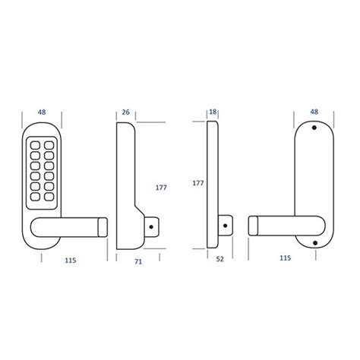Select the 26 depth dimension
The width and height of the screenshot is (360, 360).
coord(126,112)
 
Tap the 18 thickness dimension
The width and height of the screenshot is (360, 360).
coord(213,112)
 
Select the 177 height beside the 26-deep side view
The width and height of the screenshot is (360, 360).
coord(160,185)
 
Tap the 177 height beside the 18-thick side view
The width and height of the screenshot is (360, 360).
coord(198,183)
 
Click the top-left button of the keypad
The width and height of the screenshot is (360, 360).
coord(34,142)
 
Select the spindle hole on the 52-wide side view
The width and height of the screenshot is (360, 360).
coord(225,225)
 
